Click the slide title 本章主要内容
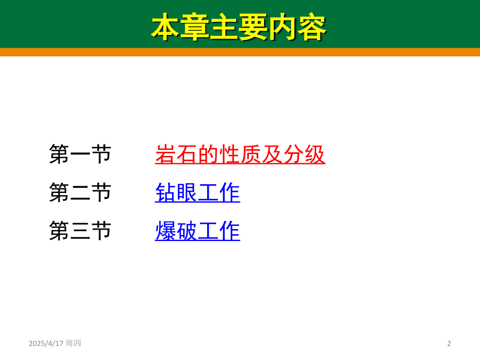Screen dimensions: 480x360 point(239,27)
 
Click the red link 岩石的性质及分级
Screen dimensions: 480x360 point(240,154)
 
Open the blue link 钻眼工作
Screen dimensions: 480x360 point(197,193)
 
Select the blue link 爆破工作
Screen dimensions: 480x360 point(197,231)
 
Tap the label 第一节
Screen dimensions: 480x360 point(80,154)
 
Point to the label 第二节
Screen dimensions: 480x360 point(80,193)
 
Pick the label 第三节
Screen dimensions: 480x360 point(80,231)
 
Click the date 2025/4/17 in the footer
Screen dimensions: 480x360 point(46,343)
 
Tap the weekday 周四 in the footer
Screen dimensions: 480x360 point(73,343)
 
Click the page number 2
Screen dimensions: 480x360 point(449,343)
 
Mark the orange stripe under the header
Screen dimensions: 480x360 point(240,52)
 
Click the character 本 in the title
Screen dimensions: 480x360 point(165,27)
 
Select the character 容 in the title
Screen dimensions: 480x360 point(312,27)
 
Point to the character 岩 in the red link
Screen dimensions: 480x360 point(165,154)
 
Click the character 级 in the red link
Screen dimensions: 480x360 point(315,154)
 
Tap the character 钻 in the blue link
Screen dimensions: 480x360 point(165,193)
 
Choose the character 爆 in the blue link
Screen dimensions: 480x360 point(165,231)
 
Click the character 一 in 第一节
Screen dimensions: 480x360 point(80,154)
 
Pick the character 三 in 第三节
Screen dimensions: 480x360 point(80,231)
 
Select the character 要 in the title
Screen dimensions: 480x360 point(253,27)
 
